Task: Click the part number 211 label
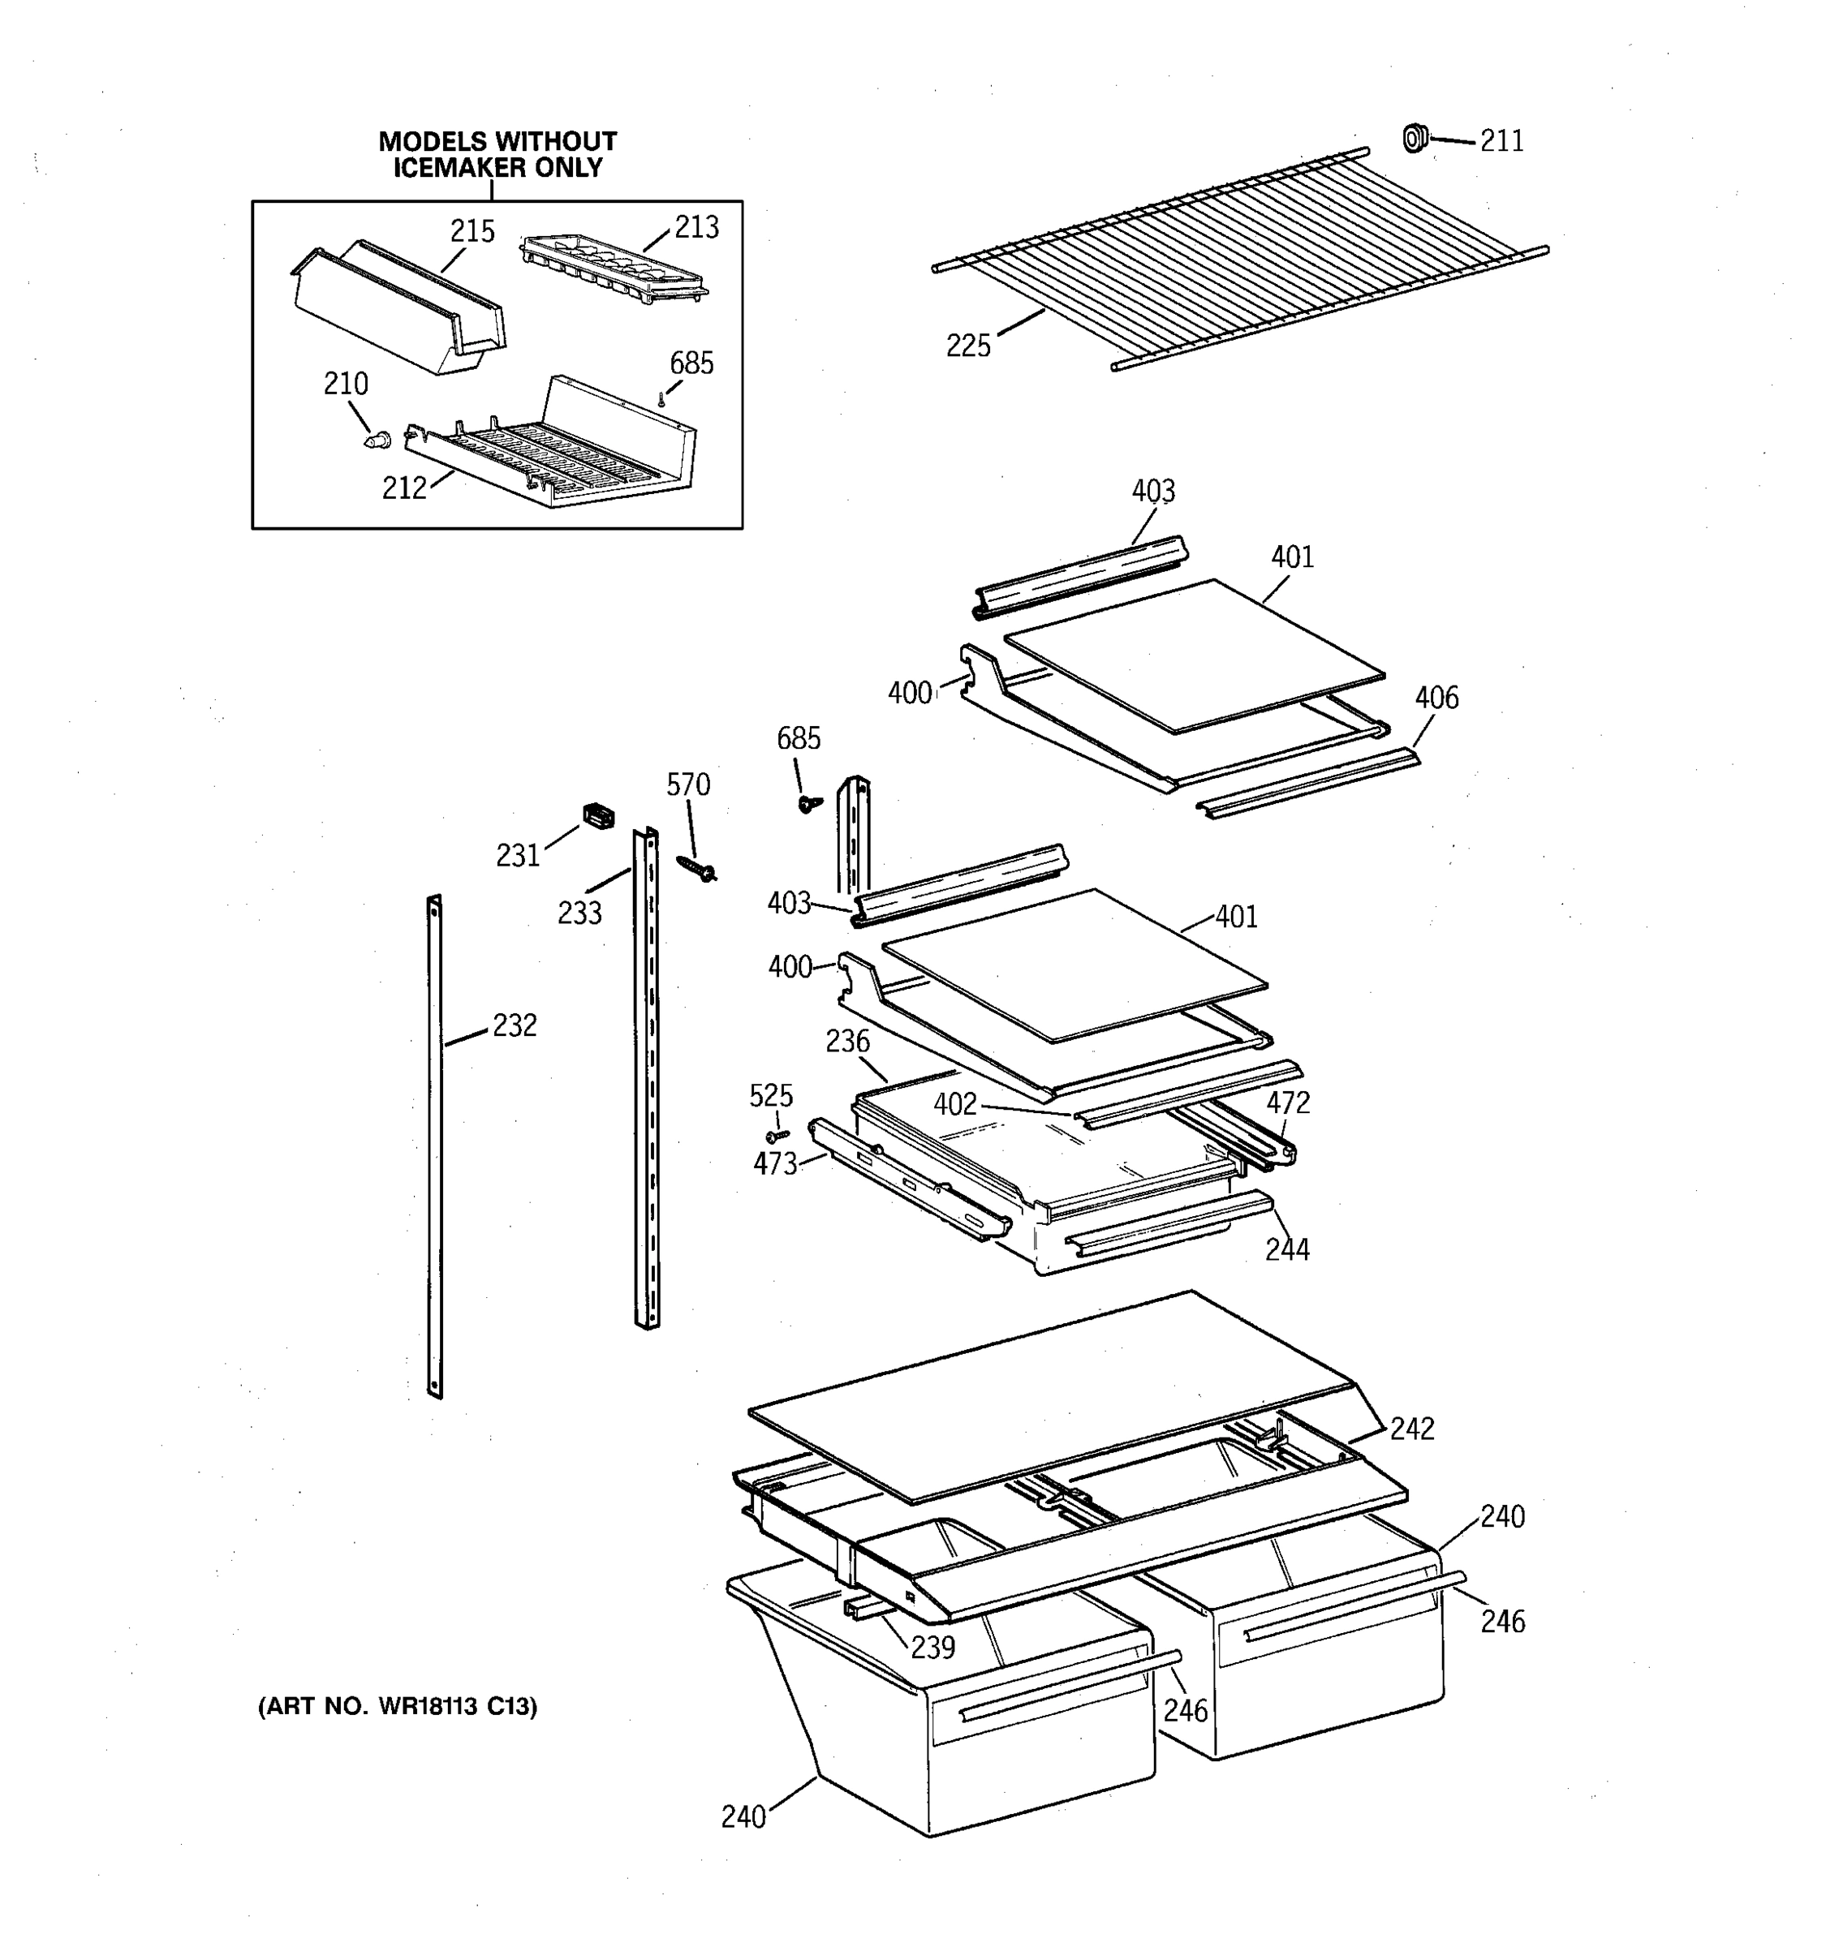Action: [1501, 141]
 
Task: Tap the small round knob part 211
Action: [1414, 138]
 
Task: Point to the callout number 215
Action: [472, 232]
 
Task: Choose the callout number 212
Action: [403, 488]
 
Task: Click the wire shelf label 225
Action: [968, 346]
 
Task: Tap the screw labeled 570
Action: [696, 866]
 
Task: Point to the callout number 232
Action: [515, 1025]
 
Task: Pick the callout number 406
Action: [1436, 698]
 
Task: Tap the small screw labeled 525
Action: [777, 1136]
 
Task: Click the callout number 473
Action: [775, 1164]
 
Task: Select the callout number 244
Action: [1286, 1249]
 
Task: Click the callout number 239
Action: [932, 1648]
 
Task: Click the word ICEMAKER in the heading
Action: [459, 169]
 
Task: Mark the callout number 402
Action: [954, 1105]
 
